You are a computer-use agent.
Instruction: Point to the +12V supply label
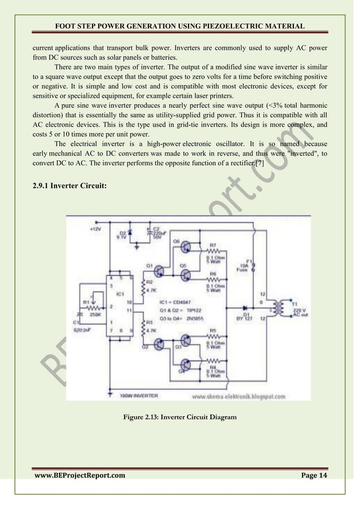click(x=95, y=230)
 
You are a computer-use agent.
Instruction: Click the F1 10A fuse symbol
click(x=253, y=267)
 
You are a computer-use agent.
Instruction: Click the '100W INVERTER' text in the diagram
click(x=139, y=396)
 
